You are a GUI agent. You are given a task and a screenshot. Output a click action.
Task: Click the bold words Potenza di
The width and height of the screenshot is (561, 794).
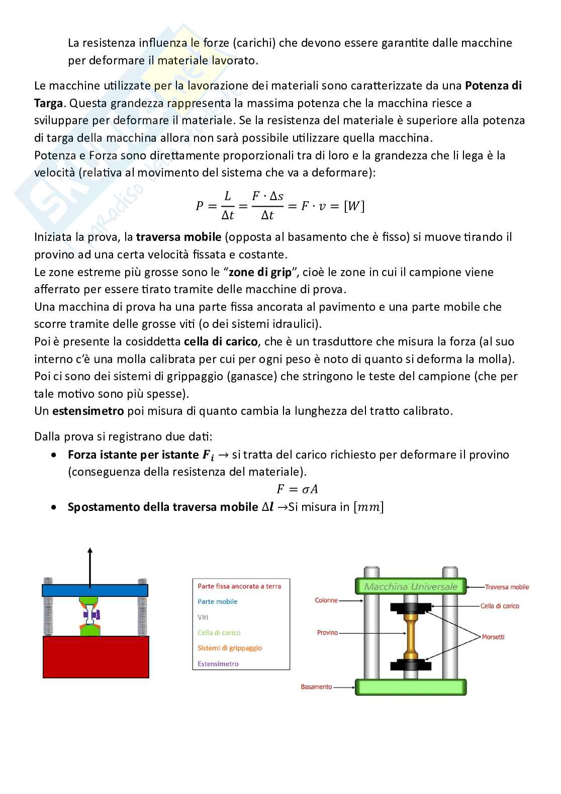pos(493,85)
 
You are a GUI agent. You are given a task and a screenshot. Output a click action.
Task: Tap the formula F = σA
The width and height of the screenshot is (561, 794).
pos(297,489)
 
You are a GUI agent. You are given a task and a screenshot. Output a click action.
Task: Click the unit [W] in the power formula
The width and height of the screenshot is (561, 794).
pos(354,206)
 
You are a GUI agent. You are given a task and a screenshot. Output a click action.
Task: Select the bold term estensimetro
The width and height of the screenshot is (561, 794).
pos(88,411)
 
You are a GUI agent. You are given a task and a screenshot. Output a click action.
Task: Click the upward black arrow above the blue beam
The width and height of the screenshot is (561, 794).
pos(90,566)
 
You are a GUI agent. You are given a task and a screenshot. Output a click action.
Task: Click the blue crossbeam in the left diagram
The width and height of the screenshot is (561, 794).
pos(95,589)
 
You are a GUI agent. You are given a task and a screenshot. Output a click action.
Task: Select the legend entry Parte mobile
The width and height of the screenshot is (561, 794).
pos(217,601)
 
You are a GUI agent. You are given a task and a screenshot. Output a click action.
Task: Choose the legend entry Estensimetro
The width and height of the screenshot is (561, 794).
pos(218,664)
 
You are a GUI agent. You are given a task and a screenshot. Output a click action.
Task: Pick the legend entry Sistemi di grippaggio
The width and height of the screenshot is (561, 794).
pos(230,648)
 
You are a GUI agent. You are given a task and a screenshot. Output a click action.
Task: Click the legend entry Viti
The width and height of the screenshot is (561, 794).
pos(203,617)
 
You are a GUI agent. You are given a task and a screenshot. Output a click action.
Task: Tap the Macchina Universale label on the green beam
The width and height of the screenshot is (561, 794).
pos(411,586)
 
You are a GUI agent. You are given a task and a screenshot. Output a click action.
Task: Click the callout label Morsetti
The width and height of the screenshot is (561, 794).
pos(493,637)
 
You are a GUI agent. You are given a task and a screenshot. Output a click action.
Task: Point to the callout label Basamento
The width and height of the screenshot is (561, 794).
pos(316,686)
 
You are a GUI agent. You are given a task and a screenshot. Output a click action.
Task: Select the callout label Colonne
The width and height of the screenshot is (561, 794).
pos(326,600)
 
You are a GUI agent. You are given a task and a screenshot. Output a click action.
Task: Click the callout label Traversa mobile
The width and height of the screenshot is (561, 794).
pos(507,587)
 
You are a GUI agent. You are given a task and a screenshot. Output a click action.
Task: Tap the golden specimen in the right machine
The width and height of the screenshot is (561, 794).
pos(411,636)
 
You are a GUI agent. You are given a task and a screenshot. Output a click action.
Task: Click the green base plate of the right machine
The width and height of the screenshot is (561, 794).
pos(411,686)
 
